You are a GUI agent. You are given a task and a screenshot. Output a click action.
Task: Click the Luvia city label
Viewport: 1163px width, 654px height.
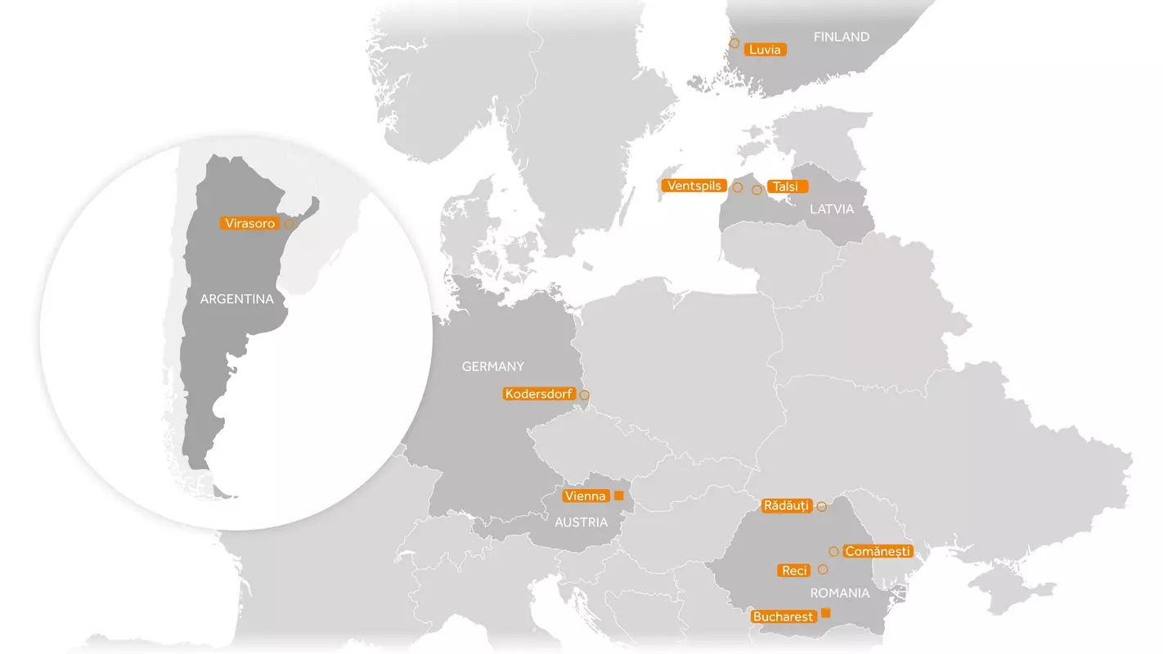(x=766, y=50)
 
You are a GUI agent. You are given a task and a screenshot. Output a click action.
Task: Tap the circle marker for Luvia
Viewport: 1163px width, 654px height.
(x=734, y=43)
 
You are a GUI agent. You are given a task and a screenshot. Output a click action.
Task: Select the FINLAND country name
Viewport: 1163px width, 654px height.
(x=841, y=37)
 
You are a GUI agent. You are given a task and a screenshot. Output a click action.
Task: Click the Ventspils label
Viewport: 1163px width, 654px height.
(x=694, y=186)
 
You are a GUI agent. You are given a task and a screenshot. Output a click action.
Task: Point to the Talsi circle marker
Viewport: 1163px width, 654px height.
(x=757, y=190)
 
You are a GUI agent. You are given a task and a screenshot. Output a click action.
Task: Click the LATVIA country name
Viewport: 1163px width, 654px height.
(x=832, y=209)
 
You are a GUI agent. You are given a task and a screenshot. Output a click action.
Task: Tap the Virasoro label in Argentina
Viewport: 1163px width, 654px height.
(x=249, y=223)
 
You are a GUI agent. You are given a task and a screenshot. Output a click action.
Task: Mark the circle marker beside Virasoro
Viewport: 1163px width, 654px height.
(x=288, y=223)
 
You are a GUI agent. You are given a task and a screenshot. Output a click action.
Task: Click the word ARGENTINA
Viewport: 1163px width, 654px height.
(x=236, y=299)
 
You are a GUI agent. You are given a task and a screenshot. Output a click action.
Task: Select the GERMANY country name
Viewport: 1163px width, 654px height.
(x=493, y=366)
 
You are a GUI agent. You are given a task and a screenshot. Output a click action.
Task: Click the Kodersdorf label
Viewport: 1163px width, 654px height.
(x=539, y=394)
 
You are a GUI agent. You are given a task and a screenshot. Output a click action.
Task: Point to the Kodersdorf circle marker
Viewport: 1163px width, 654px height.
(x=584, y=396)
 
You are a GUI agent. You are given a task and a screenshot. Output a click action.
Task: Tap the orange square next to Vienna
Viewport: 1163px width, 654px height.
(x=618, y=496)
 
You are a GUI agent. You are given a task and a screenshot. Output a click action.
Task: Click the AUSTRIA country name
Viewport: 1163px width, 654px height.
(x=581, y=522)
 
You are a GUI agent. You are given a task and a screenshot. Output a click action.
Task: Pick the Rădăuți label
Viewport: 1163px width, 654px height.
(x=786, y=506)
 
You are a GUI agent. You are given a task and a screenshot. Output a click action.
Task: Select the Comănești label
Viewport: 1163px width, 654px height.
(x=878, y=552)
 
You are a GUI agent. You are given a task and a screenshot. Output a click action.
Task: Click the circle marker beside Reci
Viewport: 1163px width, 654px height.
(x=823, y=569)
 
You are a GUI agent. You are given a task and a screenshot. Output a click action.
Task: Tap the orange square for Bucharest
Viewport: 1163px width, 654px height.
(x=825, y=613)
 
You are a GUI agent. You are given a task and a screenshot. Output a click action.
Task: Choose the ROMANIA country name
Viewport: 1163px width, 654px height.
(x=840, y=593)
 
